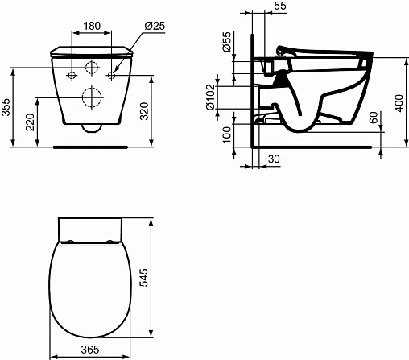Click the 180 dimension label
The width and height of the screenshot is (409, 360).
coord(92,26)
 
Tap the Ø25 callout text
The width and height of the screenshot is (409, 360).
coord(155,26)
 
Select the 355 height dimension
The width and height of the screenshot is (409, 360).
coord(6,107)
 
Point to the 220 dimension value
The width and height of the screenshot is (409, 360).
coord(30,122)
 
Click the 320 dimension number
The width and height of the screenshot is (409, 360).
coord(144,111)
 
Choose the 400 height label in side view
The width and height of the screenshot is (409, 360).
coord(399,103)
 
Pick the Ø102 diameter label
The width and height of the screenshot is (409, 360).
coord(211,97)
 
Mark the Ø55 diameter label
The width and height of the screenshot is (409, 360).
coord(227,42)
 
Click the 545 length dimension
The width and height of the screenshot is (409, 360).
coord(143,277)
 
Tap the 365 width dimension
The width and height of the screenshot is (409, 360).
coord(90,350)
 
